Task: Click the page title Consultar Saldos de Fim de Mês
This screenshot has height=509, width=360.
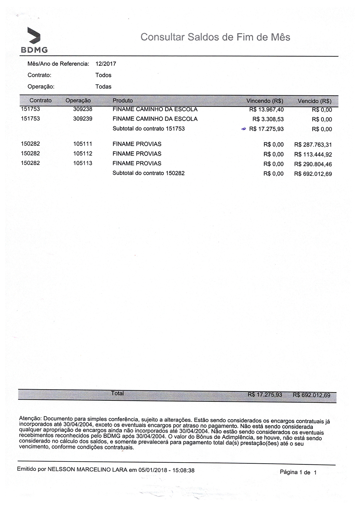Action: click(x=215, y=37)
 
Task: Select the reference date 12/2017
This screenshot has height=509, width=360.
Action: click(x=106, y=64)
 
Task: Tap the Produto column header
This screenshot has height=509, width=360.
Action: click(x=123, y=101)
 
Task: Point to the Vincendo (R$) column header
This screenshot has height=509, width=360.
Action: click(x=265, y=101)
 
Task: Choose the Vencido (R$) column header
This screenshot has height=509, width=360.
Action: click(x=314, y=101)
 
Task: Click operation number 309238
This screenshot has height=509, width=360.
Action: click(x=82, y=109)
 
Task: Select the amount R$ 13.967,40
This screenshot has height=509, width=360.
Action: click(x=266, y=110)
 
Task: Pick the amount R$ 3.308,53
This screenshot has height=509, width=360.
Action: click(x=268, y=119)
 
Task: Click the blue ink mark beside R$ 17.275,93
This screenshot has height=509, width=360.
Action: click(x=243, y=128)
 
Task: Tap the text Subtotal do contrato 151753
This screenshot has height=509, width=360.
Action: click(x=148, y=128)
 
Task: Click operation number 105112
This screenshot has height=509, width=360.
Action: click(x=82, y=154)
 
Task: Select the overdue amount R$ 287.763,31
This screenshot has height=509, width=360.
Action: click(x=313, y=145)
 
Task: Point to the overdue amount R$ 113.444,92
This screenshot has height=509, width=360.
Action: click(x=313, y=155)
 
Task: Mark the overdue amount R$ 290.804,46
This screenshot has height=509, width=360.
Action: click(x=313, y=164)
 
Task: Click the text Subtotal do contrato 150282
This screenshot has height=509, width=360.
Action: click(x=148, y=173)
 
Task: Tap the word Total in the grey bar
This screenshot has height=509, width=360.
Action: click(x=118, y=394)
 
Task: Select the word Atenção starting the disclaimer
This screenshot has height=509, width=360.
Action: click(x=30, y=419)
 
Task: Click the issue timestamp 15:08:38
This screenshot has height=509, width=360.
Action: click(x=184, y=470)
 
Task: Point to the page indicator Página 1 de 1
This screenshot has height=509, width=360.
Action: click(x=298, y=472)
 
